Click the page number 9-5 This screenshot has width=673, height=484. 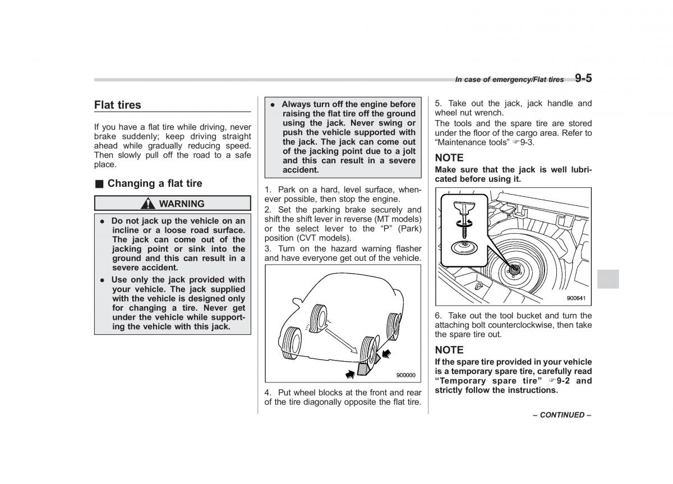coord(583,79)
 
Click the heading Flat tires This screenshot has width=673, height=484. coord(118,105)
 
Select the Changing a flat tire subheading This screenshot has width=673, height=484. coord(154,183)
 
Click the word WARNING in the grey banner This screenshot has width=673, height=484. coord(182,204)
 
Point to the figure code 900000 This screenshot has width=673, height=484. coord(405,375)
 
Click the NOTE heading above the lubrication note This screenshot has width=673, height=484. coord(449,158)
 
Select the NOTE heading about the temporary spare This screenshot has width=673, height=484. coord(449,350)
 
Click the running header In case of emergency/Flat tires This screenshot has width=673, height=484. coord(509,80)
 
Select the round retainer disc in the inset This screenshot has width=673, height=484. coord(464,247)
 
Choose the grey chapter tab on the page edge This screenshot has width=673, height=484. coord(608,279)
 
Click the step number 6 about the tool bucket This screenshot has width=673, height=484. coord(438,316)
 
